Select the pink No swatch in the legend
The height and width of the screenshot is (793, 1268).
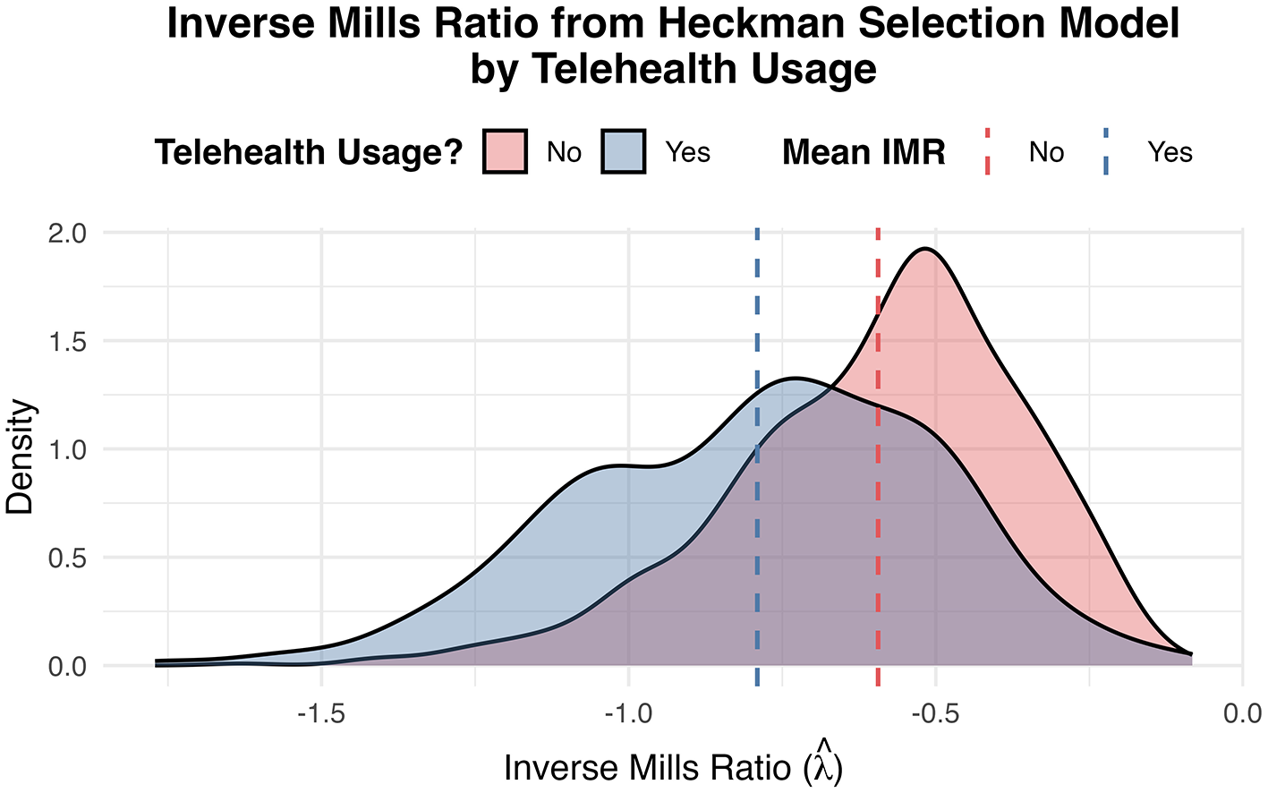(505, 151)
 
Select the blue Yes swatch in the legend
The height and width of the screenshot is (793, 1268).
(623, 151)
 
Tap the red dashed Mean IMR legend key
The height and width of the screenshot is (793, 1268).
(988, 151)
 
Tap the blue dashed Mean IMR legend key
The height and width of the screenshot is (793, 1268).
(1106, 151)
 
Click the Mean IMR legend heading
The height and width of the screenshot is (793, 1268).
(863, 152)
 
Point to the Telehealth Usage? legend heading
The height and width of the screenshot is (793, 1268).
(308, 152)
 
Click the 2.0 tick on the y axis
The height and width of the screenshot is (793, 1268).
(67, 233)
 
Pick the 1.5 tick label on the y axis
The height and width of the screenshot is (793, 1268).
(67, 341)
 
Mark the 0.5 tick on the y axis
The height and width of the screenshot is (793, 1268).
(67, 558)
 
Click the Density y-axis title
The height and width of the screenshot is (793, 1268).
(20, 456)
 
